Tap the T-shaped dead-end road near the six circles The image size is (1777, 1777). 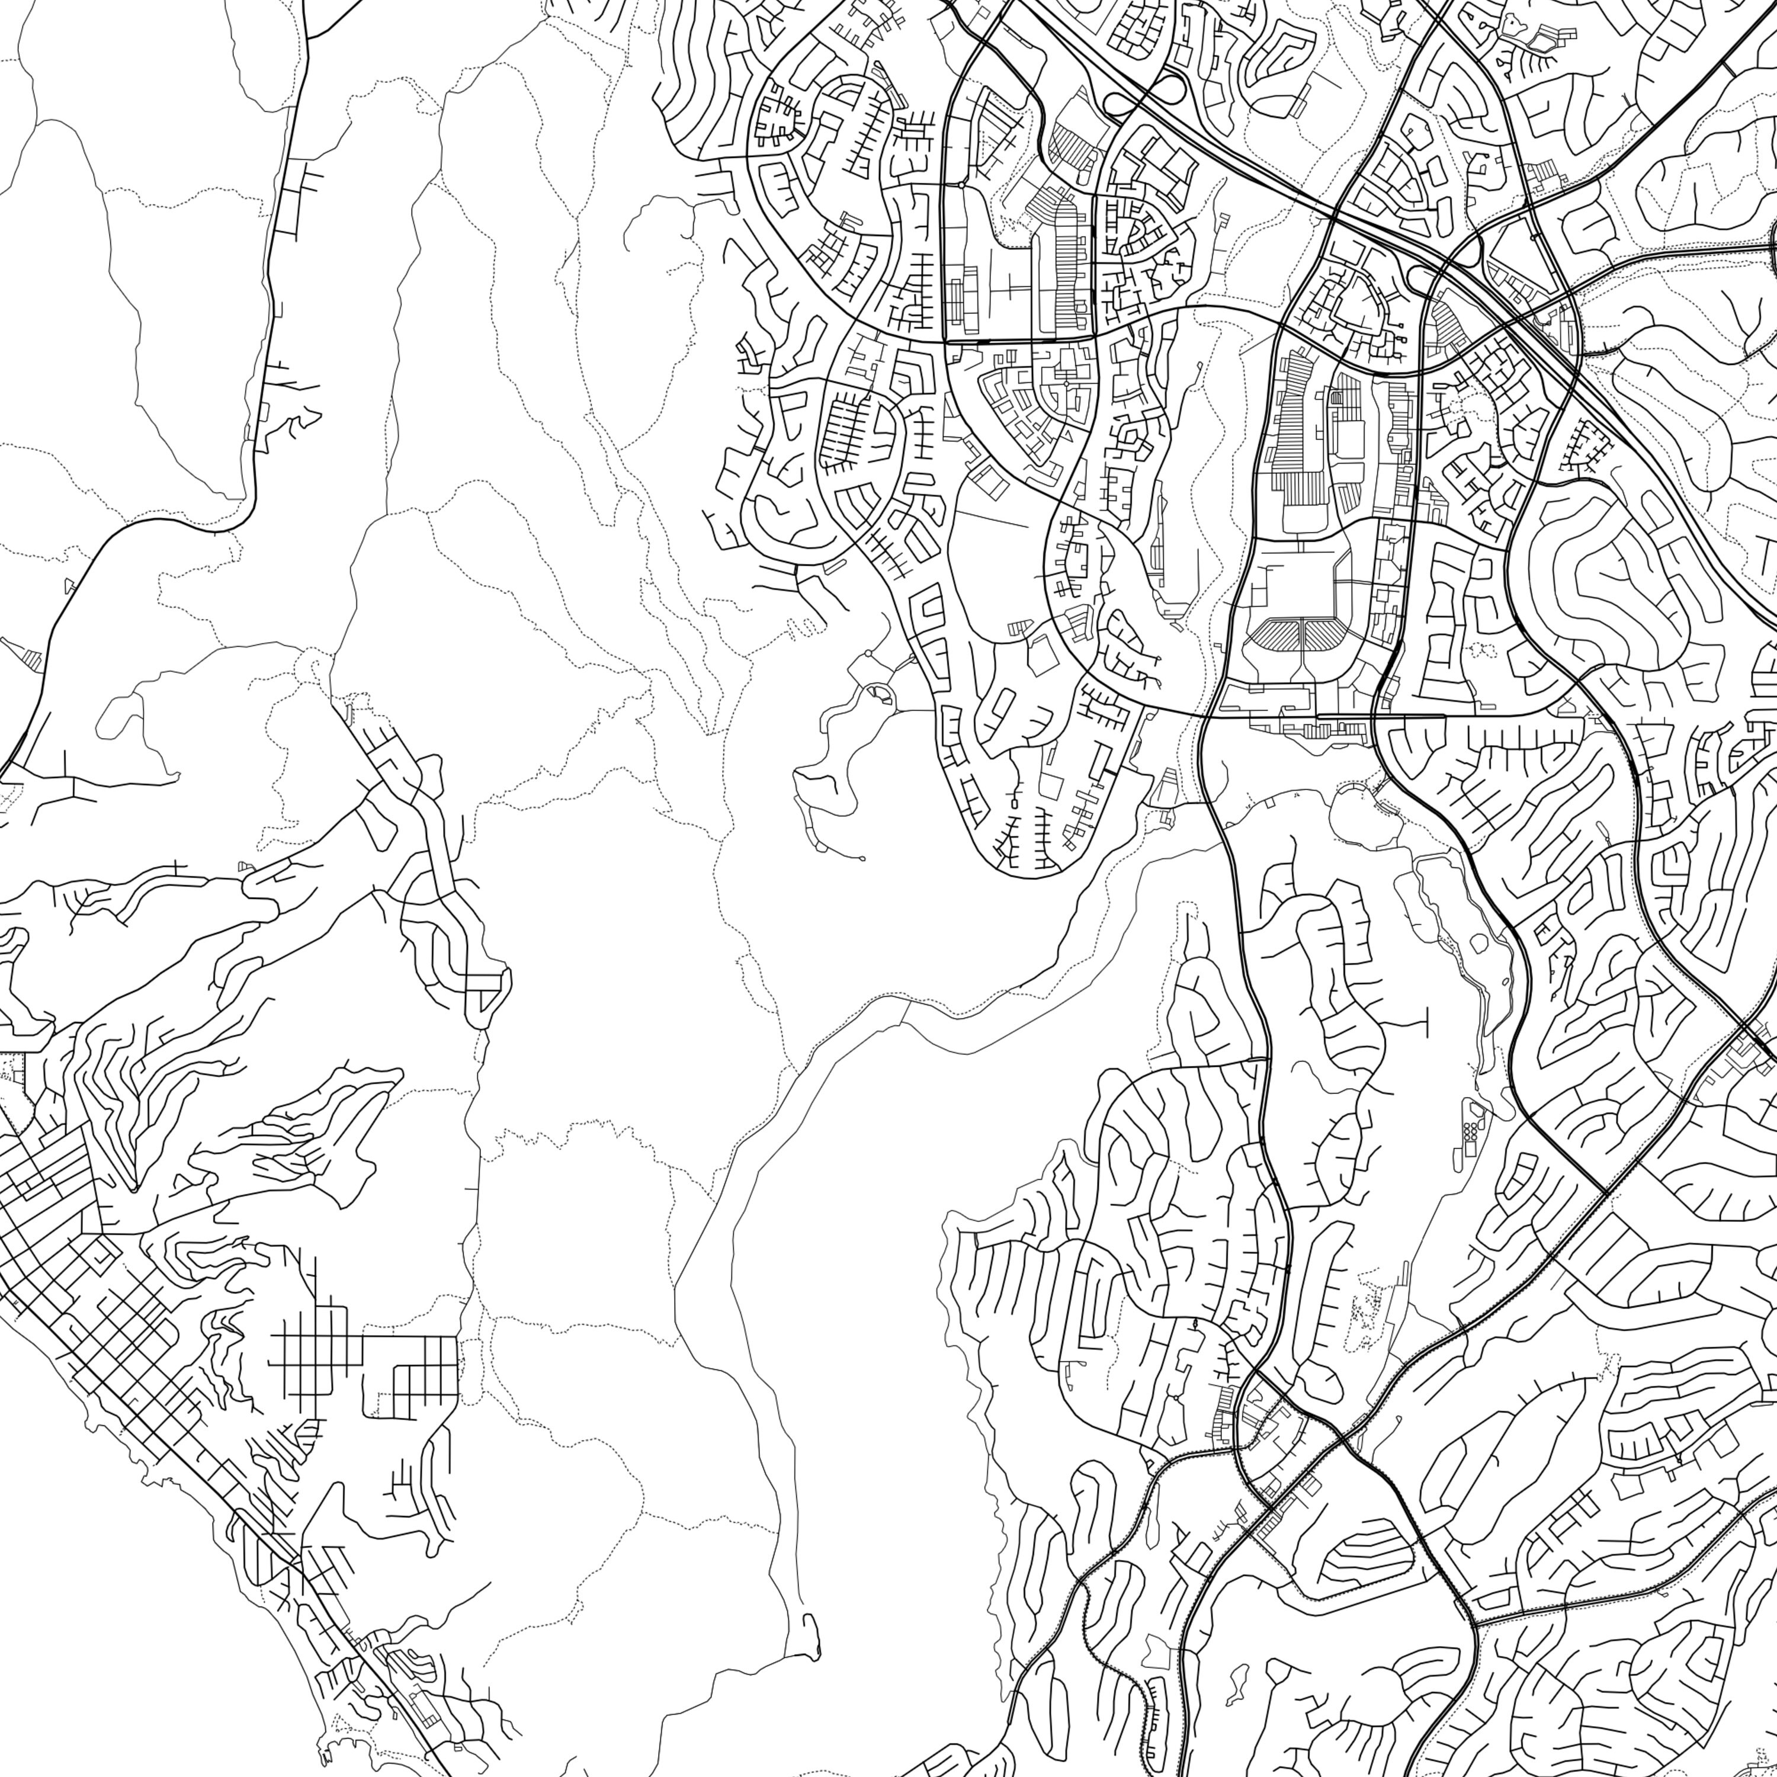pos(1424,1021)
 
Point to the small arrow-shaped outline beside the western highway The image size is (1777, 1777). pos(69,586)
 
